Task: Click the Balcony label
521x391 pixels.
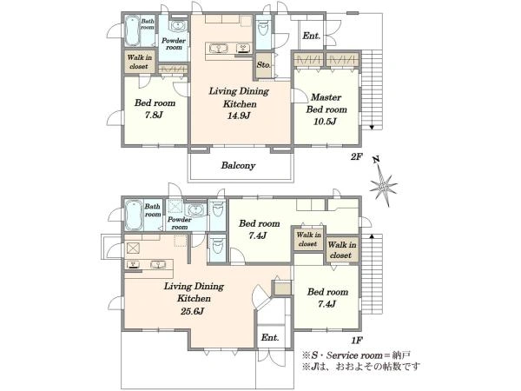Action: (x=238, y=165)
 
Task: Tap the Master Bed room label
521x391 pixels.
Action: (x=326, y=103)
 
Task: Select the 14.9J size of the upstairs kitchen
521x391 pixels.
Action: (x=239, y=116)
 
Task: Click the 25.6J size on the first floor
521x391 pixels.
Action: (x=193, y=311)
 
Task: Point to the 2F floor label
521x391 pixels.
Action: (x=357, y=156)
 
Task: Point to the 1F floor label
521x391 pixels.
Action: (x=357, y=340)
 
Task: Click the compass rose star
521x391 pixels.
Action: (x=384, y=187)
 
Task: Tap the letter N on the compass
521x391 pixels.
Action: (x=376, y=160)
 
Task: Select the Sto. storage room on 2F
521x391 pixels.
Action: (x=264, y=65)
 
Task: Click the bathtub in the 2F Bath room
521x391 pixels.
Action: (x=132, y=31)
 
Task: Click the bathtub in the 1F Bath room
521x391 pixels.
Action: (x=135, y=215)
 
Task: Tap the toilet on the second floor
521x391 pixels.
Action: (x=263, y=28)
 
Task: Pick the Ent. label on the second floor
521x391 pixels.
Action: (x=312, y=36)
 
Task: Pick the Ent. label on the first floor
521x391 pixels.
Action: (x=270, y=337)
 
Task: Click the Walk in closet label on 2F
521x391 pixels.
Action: (x=140, y=62)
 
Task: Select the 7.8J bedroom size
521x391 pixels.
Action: (x=153, y=115)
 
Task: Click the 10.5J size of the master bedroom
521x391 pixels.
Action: (x=326, y=122)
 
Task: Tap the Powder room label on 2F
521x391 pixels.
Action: (x=174, y=44)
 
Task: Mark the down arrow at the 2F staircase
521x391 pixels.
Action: (x=372, y=127)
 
